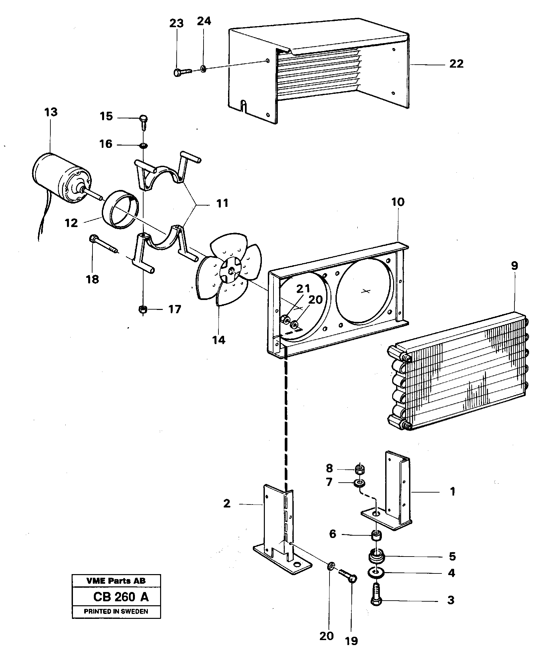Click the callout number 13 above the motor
[51, 112]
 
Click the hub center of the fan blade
[231, 271]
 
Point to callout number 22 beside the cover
[456, 64]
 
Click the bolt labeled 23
[182, 72]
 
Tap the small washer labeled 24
[203, 69]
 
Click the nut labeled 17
[143, 310]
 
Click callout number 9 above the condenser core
[514, 266]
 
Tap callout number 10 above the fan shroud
[398, 202]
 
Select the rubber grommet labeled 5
[376, 557]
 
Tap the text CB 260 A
[121, 597]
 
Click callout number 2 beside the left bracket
[227, 504]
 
